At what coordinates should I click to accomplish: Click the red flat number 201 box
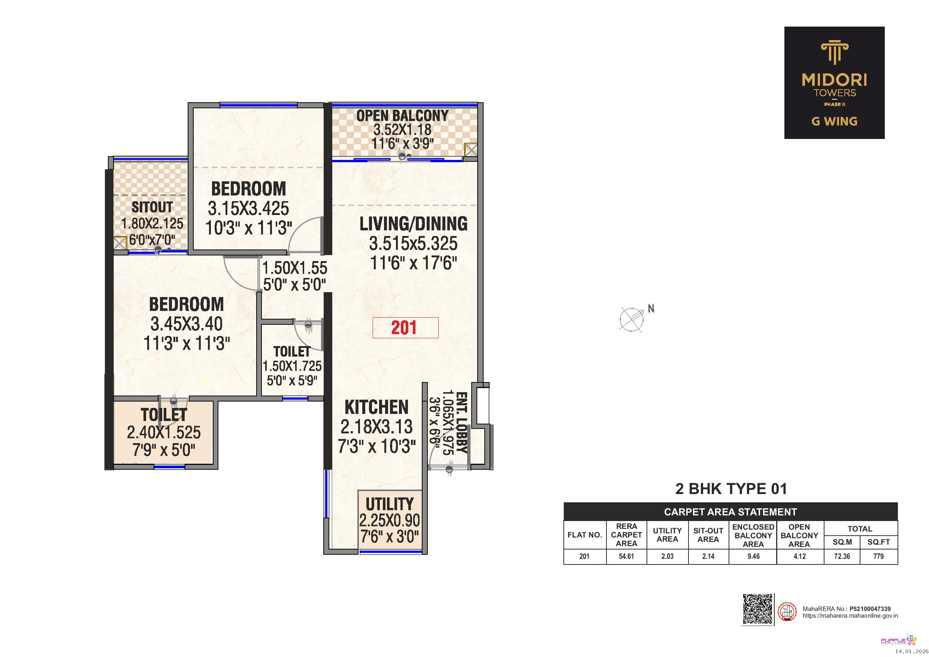tap(405, 328)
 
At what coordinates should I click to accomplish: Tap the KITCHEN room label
tap(377, 407)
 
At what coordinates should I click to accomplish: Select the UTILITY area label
tap(390, 504)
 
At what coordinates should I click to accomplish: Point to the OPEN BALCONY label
tap(402, 116)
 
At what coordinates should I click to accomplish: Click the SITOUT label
tap(152, 207)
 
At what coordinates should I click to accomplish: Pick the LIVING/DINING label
tap(414, 224)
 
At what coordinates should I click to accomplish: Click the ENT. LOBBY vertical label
tap(462, 423)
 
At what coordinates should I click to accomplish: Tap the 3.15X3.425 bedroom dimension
tap(248, 208)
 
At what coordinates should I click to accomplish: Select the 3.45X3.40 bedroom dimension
tap(187, 324)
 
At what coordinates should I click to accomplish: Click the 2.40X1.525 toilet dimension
tap(164, 433)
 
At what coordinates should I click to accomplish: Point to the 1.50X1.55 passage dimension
tap(295, 268)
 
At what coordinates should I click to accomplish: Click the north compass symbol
tap(632, 319)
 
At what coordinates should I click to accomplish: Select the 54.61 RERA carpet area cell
tap(626, 557)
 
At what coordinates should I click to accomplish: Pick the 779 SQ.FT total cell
tap(878, 557)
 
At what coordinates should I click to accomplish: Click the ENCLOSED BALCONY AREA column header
tap(753, 535)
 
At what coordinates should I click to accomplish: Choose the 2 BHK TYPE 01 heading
tap(731, 489)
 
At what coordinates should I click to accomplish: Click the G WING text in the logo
tap(834, 121)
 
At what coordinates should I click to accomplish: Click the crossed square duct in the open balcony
tap(471, 150)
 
